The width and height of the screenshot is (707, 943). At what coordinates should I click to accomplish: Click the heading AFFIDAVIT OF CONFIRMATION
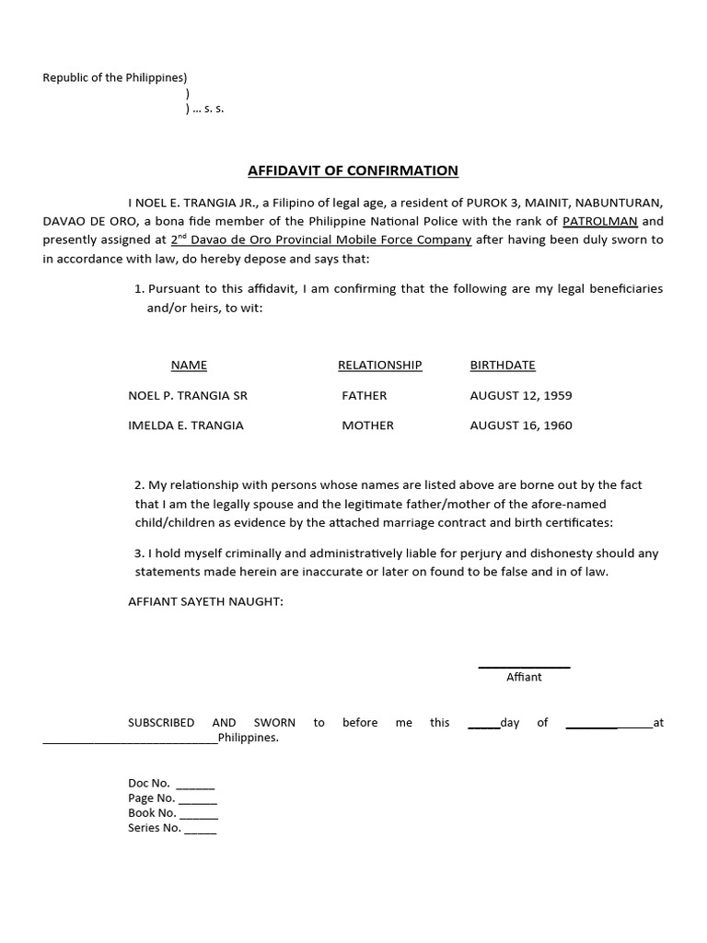(x=353, y=170)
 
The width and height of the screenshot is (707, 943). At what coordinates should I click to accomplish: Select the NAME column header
(x=189, y=365)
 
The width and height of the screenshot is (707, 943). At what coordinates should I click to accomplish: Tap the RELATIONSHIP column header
(x=379, y=365)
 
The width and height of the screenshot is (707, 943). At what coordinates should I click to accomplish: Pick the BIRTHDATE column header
(x=502, y=365)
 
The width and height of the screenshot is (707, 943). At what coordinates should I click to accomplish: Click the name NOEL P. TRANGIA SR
(x=188, y=395)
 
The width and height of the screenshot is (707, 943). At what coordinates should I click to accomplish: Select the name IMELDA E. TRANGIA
(x=186, y=425)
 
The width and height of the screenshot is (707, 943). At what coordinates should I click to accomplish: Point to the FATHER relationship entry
(x=365, y=395)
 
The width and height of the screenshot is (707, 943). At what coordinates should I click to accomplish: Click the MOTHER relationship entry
(x=367, y=425)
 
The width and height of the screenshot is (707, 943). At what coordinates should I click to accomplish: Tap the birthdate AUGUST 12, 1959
(x=521, y=395)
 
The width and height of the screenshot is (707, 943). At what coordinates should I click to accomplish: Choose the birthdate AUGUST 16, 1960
(x=521, y=425)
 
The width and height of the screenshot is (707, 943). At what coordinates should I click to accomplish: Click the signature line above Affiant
(x=524, y=665)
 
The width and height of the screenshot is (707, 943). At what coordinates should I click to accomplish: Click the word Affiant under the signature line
(x=524, y=677)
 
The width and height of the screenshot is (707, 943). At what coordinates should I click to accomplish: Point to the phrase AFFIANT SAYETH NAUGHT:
(x=205, y=601)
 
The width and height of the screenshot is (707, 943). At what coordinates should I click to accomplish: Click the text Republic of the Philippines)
(x=115, y=77)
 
